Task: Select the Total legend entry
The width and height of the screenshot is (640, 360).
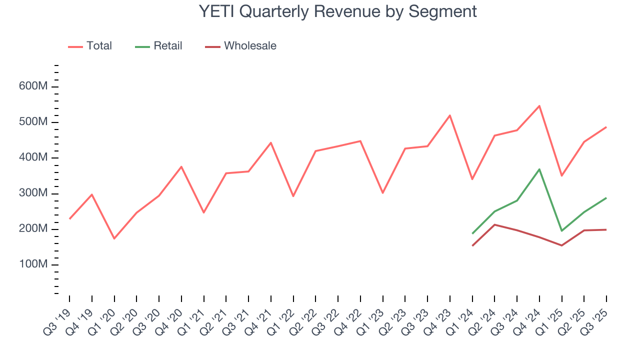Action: pos(90,46)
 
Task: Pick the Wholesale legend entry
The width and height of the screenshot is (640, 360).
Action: pos(240,46)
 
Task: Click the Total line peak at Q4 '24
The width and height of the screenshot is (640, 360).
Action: pos(539,106)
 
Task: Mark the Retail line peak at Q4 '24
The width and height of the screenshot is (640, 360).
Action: pos(539,169)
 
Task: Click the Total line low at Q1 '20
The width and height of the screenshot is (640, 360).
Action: pos(114,238)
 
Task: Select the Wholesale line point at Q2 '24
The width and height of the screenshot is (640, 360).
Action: pos(494,224)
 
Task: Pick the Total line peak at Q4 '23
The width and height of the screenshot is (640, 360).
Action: pos(450,115)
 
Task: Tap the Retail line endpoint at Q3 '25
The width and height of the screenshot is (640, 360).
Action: pos(606,198)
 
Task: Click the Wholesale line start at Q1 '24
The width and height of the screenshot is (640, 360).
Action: pos(472,245)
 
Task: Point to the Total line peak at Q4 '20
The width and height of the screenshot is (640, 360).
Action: pos(181,166)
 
